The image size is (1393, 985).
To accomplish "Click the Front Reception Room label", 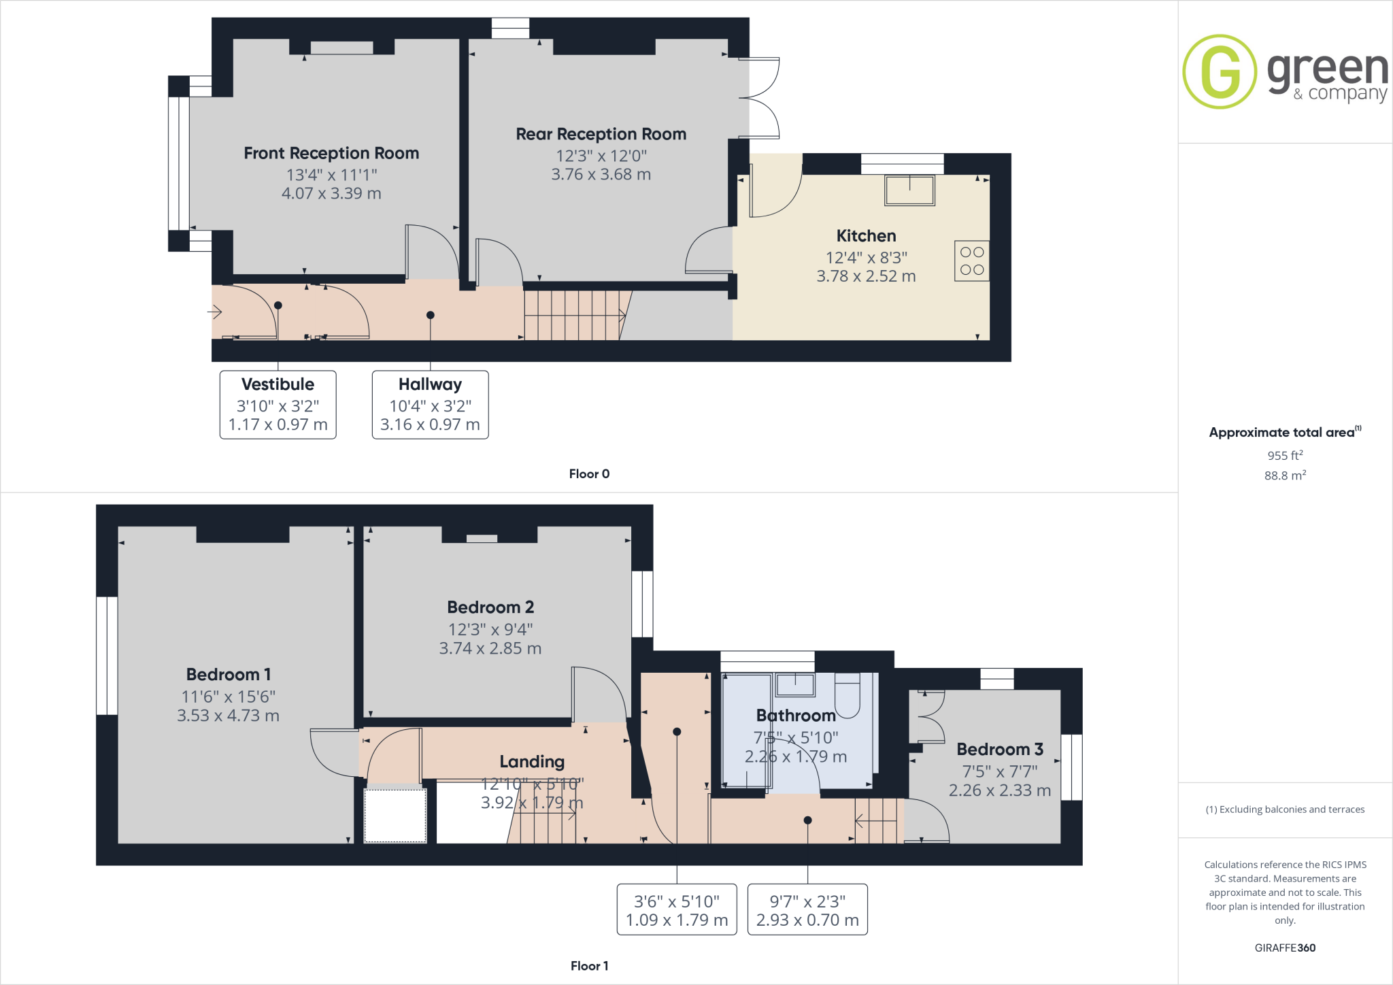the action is tap(331, 153).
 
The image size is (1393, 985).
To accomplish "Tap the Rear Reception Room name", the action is tap(601, 134).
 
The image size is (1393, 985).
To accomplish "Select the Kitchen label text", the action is tap(866, 236).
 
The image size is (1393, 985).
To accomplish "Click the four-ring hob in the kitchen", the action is tap(972, 261).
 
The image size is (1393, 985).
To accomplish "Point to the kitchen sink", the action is tap(909, 190).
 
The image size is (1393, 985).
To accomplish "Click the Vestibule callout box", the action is tap(278, 405).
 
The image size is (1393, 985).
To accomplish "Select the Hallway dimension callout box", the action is tap(430, 405).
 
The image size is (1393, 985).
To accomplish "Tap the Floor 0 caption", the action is tap(589, 474).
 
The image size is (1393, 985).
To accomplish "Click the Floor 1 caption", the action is tap(589, 966).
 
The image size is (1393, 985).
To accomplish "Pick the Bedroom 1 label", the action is tap(229, 675).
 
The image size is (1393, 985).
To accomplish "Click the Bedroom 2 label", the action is tap(490, 607).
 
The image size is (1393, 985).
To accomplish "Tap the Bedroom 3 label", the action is tap(1000, 750).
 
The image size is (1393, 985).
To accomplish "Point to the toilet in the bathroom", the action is tap(847, 696).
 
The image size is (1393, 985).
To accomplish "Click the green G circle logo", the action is tap(1220, 71).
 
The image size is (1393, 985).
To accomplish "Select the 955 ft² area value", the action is tap(1285, 455).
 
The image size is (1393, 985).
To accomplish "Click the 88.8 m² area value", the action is tap(1285, 475).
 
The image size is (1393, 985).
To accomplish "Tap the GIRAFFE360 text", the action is tap(1285, 948).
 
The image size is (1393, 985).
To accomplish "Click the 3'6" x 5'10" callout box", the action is tap(677, 909).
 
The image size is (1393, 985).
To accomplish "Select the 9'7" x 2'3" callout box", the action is tap(807, 909).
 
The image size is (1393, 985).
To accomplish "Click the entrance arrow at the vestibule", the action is tap(215, 312).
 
